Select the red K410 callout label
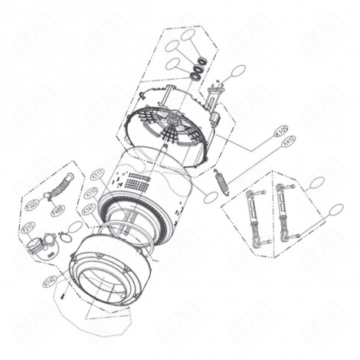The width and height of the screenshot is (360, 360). point(289,141)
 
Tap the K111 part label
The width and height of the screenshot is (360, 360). point(97,175)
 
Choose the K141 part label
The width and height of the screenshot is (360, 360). point(88,209)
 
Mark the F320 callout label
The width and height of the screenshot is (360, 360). point(31,205)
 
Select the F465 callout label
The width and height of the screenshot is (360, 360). point(56,211)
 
